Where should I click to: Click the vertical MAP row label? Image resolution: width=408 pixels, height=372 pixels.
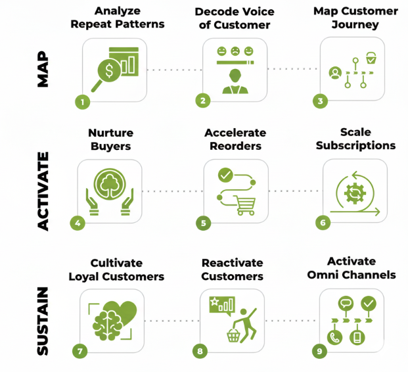tap(43, 69)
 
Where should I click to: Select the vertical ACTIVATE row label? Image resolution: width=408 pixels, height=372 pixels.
tap(43, 191)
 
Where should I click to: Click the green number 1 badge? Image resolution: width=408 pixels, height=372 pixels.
tap(81, 102)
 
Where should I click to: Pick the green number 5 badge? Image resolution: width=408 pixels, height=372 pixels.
tap(204, 223)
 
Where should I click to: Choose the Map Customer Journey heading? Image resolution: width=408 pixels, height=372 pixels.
tap(355, 18)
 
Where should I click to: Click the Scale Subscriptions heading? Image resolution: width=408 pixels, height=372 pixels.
tap(355, 139)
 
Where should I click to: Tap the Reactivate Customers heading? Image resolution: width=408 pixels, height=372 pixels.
tap(232, 269)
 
